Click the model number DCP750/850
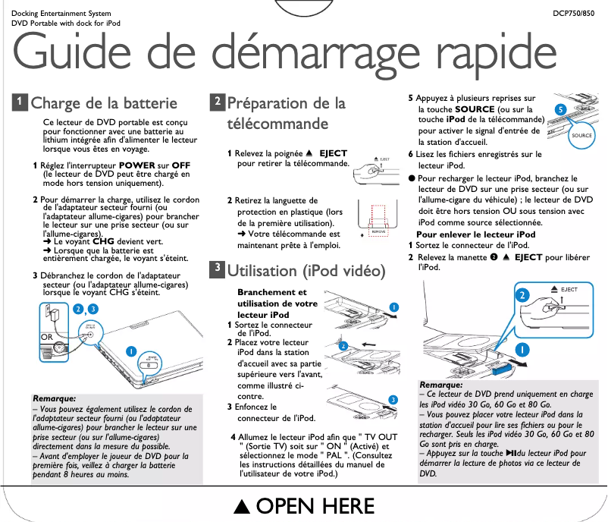[574, 14]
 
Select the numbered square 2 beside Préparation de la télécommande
[217, 102]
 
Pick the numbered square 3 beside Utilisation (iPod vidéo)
[217, 269]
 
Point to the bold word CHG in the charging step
[103, 242]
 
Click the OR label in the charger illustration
[47, 335]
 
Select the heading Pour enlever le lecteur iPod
[476, 234]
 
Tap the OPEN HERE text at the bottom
[317, 507]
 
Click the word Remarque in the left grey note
[54, 398]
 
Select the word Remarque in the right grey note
[441, 385]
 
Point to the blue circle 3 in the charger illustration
[92, 309]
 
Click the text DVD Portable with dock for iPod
[61, 24]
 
